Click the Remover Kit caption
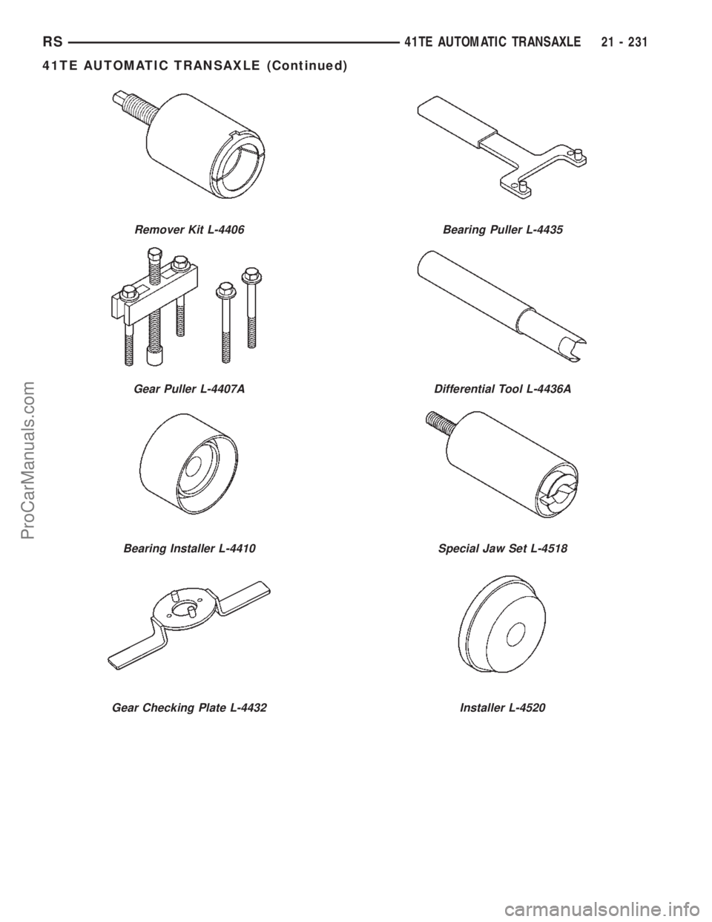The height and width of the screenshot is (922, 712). click(189, 231)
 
